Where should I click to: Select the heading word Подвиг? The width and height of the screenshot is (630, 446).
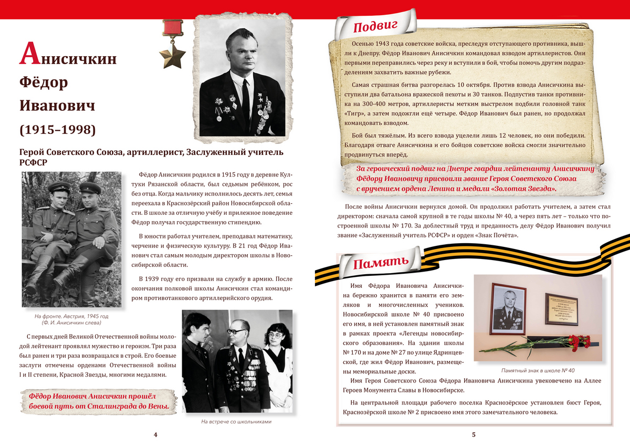click(376, 26)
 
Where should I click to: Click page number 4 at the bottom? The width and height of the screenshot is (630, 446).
click(156, 434)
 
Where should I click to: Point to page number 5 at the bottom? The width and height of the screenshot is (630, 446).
click(474, 434)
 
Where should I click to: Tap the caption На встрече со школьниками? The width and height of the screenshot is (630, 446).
click(236, 422)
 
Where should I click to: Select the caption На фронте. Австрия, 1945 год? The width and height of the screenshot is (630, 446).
click(71, 316)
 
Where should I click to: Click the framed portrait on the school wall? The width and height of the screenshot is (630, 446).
click(508, 308)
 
